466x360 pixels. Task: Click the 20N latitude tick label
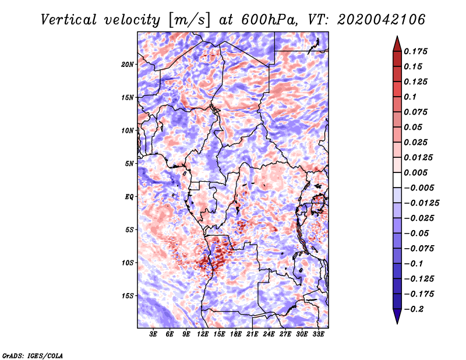pyautogui.click(x=128, y=64)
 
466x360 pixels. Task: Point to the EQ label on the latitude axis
pyautogui.click(x=129, y=197)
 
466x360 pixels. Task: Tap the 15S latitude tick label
pyautogui.click(x=128, y=296)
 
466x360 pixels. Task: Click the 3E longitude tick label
pyautogui.click(x=154, y=334)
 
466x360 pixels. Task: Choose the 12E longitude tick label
pyautogui.click(x=203, y=334)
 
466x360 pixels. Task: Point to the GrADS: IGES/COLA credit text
pyautogui.click(x=33, y=355)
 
